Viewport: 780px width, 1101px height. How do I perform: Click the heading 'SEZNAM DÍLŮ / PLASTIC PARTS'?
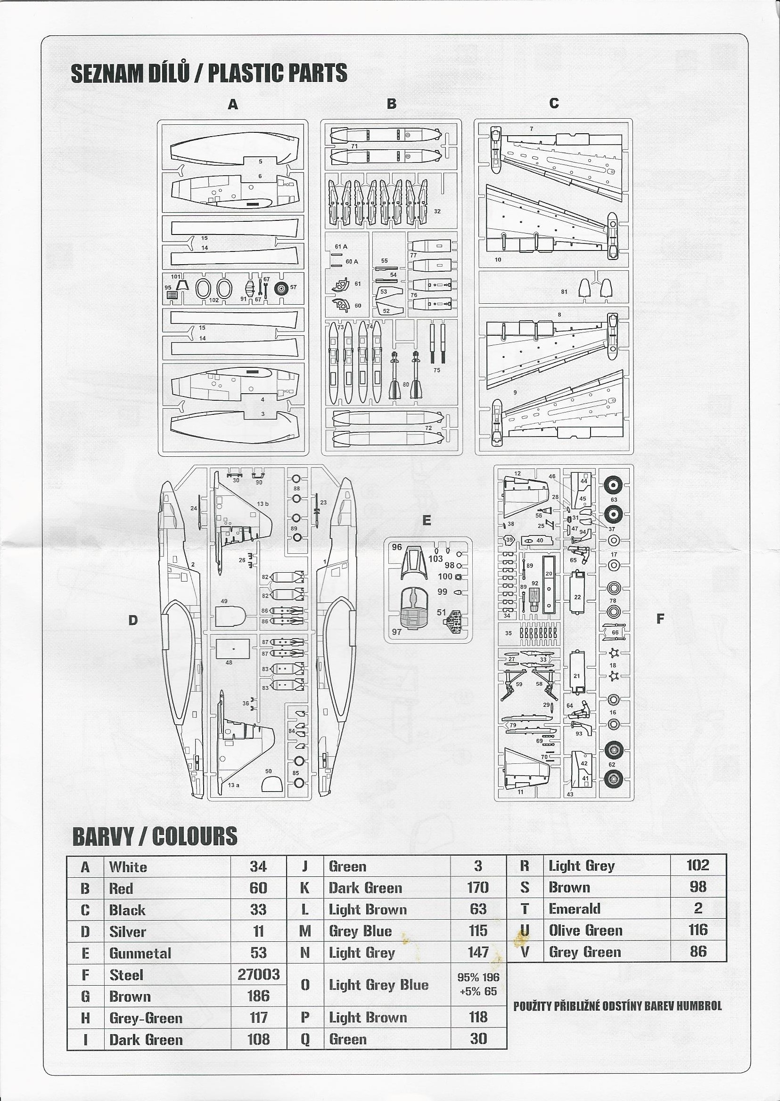click(209, 73)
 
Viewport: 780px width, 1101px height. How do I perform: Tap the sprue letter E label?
click(427, 521)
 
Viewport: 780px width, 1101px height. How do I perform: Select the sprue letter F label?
click(660, 619)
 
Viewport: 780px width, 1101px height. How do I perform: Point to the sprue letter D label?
click(133, 620)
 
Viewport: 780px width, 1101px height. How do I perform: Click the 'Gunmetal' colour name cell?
click(140, 953)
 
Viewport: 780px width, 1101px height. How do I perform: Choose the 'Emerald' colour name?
click(575, 909)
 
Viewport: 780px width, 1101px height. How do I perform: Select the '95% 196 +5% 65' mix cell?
click(478, 985)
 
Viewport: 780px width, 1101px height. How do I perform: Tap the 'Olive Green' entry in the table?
click(585, 931)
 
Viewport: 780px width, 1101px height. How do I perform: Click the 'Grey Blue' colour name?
click(360, 931)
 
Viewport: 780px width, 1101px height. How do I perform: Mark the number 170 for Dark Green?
click(478, 887)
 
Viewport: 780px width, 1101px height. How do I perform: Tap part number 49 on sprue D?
click(224, 601)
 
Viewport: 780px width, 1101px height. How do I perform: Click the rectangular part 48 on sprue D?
click(233, 648)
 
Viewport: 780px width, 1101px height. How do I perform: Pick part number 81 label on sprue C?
click(564, 292)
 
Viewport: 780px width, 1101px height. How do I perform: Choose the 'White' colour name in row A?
click(128, 867)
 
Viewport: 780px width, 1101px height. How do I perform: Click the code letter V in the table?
click(525, 952)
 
